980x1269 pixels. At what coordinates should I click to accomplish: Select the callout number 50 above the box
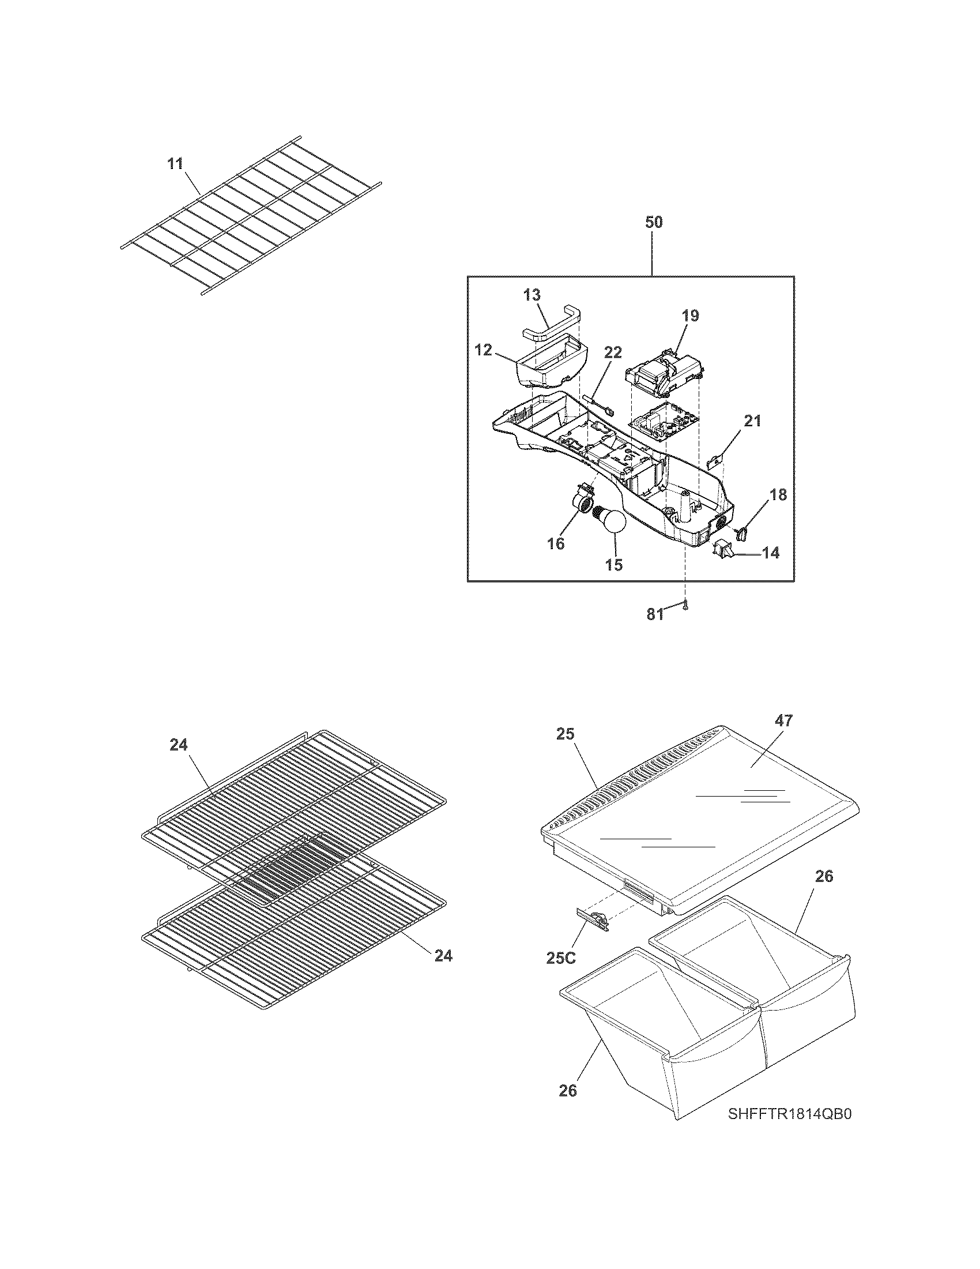(x=653, y=222)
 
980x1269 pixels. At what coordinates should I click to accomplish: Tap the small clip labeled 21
(x=717, y=462)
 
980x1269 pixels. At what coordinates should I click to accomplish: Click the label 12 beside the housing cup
(x=483, y=350)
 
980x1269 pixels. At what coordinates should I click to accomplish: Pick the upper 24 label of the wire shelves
(x=179, y=745)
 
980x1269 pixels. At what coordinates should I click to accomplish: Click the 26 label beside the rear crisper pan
(x=824, y=876)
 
